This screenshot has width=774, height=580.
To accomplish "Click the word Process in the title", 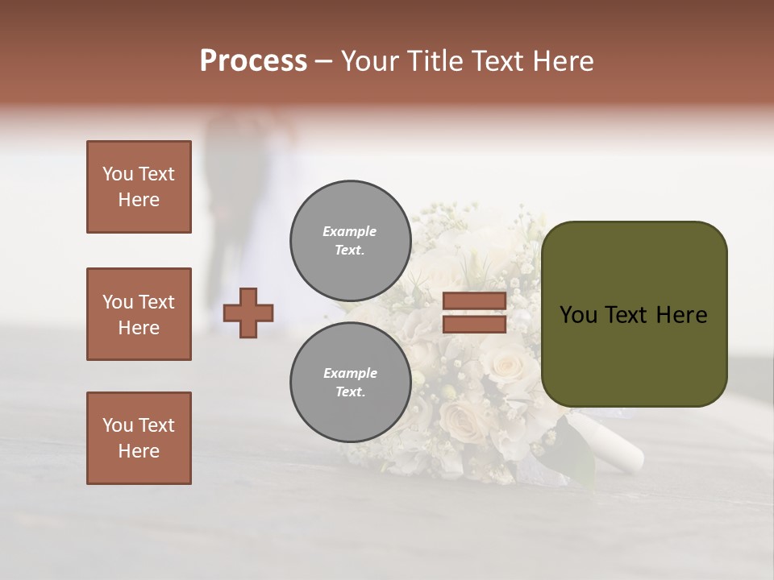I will (253, 61).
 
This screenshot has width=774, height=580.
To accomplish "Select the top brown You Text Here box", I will (139, 187).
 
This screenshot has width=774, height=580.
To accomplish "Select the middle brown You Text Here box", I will (139, 314).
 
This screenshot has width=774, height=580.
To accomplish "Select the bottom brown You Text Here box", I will (139, 438).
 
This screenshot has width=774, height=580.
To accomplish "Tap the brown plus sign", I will (248, 313).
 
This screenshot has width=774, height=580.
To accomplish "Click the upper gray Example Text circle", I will (350, 241).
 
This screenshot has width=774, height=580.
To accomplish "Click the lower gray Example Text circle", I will (350, 383).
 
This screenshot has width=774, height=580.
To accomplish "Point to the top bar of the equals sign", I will (474, 301).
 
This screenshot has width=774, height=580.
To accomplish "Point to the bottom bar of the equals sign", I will (474, 324).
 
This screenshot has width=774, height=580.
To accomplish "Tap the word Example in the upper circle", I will (350, 231).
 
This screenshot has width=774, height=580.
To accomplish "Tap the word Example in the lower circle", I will (350, 373).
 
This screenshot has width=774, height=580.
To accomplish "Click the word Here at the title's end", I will (562, 61).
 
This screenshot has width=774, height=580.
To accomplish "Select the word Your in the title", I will (372, 61).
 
